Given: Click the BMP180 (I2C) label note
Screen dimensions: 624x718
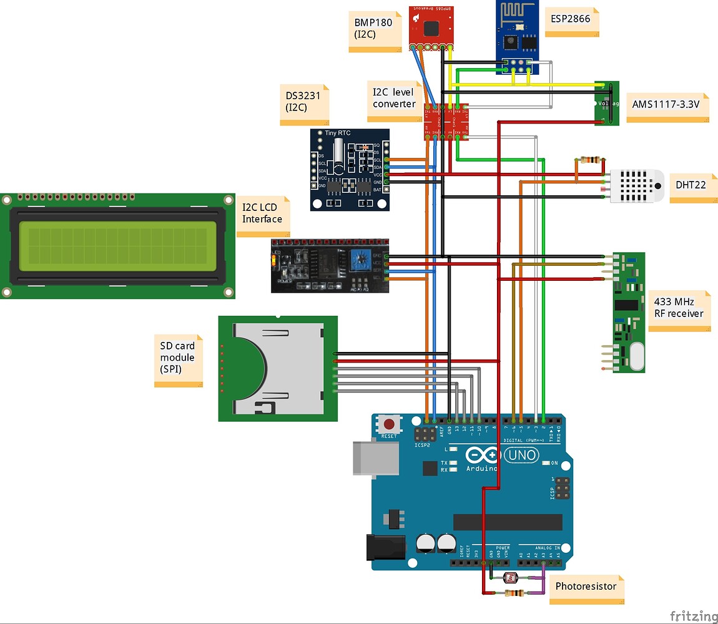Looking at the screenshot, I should click(374, 30).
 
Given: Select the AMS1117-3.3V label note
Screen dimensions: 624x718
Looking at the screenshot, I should click(667, 106).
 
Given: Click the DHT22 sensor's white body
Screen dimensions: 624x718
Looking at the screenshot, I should click(637, 185).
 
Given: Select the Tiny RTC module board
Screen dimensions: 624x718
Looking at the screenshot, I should click(350, 169).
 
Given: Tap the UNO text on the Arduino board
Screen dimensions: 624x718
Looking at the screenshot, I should click(522, 456).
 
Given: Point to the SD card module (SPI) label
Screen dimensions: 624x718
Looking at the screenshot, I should click(178, 359).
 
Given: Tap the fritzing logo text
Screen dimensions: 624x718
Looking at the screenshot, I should click(693, 615).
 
